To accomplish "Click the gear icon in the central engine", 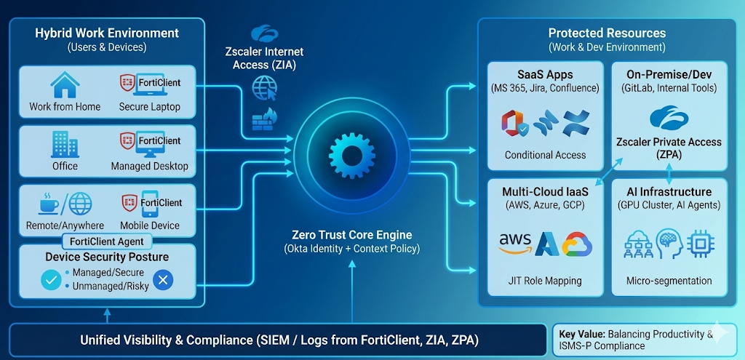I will pyautogui.click(x=352, y=151).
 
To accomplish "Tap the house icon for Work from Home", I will pyautogui.click(x=65, y=86).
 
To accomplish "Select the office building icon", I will pyautogui.click(x=65, y=145).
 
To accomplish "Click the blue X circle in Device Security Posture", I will pyautogui.click(x=164, y=279).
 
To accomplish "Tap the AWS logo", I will pyautogui.click(x=515, y=244).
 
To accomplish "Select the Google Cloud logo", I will pyautogui.click(x=577, y=244).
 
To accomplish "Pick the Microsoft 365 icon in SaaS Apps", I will pyautogui.click(x=514, y=124).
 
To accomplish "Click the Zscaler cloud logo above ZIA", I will pyautogui.click(x=263, y=33).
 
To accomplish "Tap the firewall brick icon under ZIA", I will pyautogui.click(x=261, y=118).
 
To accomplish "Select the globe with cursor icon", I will pyautogui.click(x=263, y=89).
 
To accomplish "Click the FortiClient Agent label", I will pyautogui.click(x=108, y=241).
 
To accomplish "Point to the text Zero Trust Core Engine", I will pyautogui.click(x=351, y=235).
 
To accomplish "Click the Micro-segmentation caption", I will pyautogui.click(x=669, y=281).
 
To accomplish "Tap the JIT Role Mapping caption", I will pyautogui.click(x=545, y=281).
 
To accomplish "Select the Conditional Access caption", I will pyautogui.click(x=545, y=155).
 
